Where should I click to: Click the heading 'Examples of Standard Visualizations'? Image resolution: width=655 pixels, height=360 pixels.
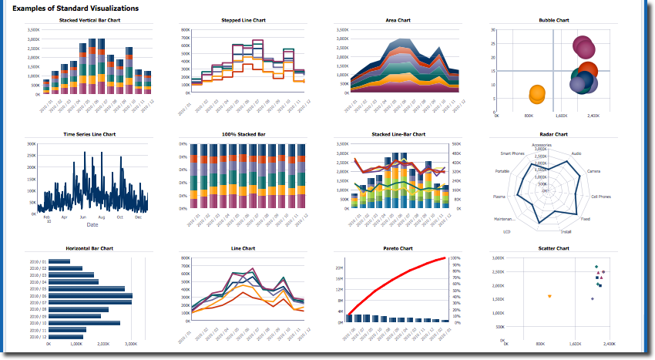coord(76,8)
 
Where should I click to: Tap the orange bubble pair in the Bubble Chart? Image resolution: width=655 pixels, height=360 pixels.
coord(538,95)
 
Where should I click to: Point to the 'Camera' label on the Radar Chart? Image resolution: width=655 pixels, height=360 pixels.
coord(593,170)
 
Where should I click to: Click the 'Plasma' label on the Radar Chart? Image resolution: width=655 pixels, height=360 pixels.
coord(499,197)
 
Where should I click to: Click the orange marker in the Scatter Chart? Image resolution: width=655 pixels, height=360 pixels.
coord(549,296)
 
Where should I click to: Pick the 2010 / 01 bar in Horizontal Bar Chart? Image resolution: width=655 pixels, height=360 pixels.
coord(59,261)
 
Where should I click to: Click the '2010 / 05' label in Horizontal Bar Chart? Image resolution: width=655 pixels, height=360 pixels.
coord(38,288)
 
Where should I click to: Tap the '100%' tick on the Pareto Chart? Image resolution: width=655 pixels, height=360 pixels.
coord(455,257)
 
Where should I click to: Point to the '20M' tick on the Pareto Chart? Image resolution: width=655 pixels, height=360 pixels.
coord(339,267)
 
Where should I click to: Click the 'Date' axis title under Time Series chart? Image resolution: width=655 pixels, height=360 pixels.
coord(92,225)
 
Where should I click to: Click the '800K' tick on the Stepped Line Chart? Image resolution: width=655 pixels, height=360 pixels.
coord(186,29)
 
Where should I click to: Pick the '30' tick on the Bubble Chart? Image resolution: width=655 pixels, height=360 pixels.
coord(492,29)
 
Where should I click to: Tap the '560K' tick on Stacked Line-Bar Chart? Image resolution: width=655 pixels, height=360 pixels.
coord(456,143)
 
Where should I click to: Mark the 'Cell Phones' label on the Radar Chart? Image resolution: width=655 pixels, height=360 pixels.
coord(601,197)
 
